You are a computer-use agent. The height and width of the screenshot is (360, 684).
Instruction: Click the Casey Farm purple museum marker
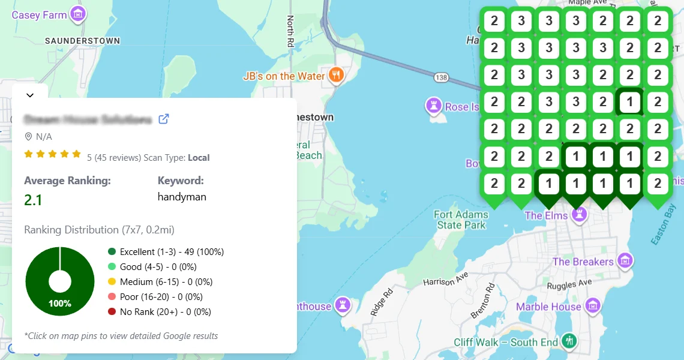(x=77, y=13)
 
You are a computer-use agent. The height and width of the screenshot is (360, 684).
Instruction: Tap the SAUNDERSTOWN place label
(x=83, y=41)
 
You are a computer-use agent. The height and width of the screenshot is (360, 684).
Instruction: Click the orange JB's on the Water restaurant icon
(x=337, y=75)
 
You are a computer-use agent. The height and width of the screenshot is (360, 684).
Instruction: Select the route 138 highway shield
(x=442, y=78)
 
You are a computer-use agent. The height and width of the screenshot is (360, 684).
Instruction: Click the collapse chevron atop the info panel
(x=30, y=95)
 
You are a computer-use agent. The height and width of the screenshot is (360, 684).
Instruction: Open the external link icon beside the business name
(x=163, y=119)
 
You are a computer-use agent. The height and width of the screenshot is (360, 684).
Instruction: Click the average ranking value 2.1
(x=33, y=199)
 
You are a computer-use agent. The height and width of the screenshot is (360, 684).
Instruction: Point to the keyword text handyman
(x=182, y=196)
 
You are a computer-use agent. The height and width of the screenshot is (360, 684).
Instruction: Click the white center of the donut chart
(x=60, y=281)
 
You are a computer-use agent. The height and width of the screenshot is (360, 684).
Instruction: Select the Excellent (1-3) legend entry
(x=166, y=252)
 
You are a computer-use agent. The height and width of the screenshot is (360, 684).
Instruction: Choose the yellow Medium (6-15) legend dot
(x=112, y=282)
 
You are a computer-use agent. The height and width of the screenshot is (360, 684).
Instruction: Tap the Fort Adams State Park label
(x=461, y=220)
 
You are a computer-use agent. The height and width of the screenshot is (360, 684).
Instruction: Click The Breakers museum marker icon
(x=626, y=261)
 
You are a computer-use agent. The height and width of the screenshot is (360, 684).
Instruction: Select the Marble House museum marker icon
(x=593, y=306)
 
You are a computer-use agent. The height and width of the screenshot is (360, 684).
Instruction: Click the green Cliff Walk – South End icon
(x=568, y=341)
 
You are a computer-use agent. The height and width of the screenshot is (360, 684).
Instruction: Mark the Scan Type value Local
(x=199, y=158)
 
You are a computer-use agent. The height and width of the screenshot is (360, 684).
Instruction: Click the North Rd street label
(x=291, y=31)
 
